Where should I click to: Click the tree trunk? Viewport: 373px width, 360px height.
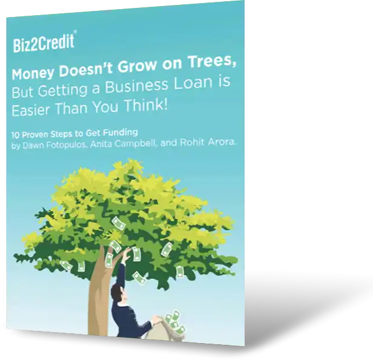[97, 296]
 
